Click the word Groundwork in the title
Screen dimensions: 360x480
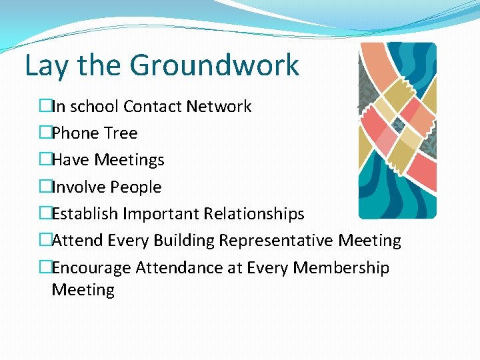[214, 66]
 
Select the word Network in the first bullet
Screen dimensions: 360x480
[219, 107]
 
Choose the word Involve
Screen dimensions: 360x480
[78, 187]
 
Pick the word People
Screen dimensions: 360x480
[135, 187]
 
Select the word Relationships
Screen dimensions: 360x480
[254, 214]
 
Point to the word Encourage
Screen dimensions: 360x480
[91, 268]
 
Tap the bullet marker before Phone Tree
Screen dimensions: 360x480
[45, 133]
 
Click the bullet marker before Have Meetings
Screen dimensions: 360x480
[45, 160]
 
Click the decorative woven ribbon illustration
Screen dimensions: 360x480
[397, 131]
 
